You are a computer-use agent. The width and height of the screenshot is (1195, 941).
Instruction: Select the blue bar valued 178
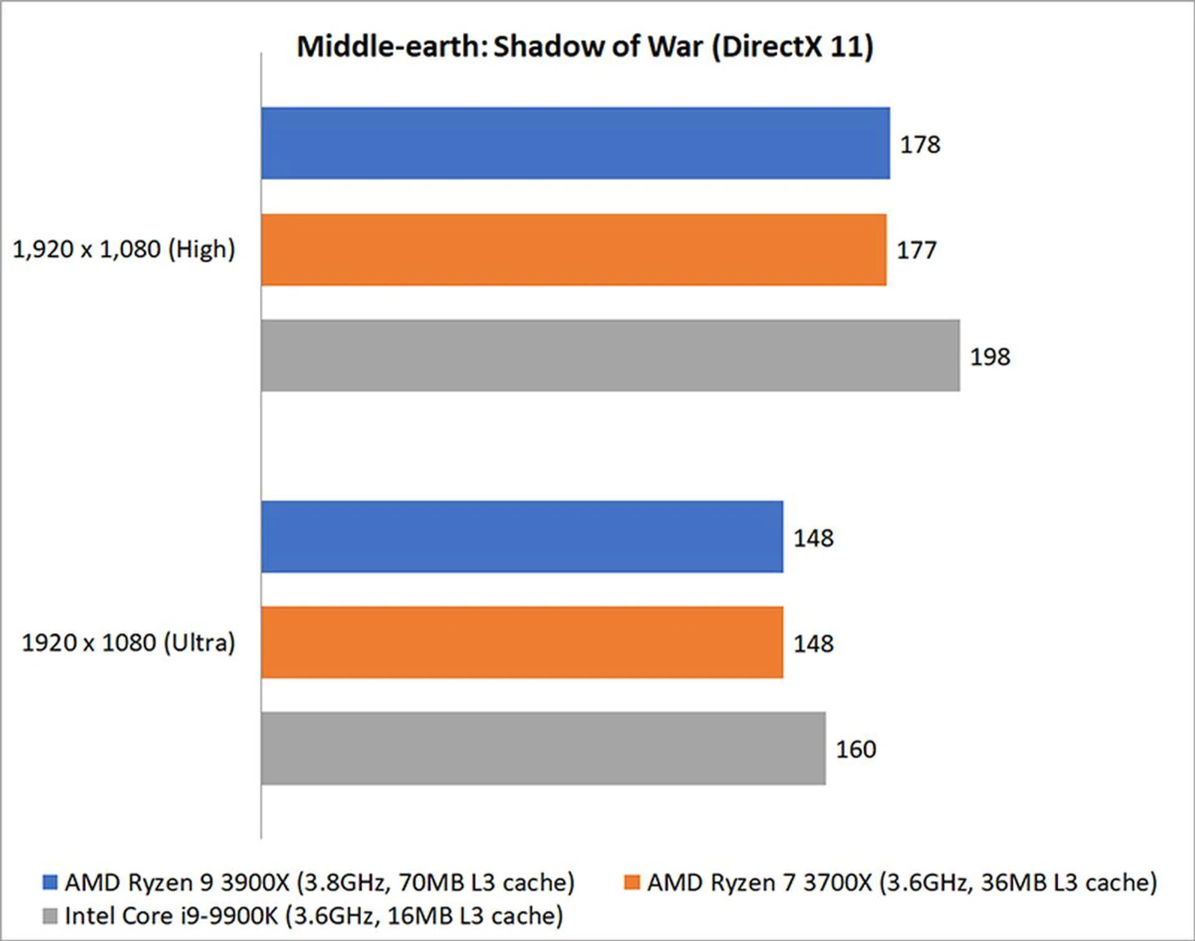point(575,143)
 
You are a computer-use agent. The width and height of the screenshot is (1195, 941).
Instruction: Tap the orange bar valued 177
point(573,250)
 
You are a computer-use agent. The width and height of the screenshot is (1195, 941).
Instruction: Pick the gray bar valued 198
point(610,356)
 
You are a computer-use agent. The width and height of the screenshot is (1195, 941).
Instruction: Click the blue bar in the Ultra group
point(522,536)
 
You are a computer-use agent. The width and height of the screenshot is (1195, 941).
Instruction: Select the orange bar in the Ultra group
point(522,642)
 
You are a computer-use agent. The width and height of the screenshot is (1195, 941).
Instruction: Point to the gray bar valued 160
point(543,749)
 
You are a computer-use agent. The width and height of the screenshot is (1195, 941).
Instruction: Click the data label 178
point(920,144)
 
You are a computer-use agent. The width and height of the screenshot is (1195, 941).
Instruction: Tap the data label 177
point(916,250)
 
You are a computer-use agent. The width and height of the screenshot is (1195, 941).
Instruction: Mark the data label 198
point(990,357)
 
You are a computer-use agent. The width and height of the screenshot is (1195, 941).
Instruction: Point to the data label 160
point(856,749)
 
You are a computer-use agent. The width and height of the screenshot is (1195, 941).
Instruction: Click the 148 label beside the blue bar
point(813,538)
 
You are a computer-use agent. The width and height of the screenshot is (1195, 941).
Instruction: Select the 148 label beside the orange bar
point(813,644)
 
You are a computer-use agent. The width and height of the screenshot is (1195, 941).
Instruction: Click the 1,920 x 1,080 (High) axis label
point(124,249)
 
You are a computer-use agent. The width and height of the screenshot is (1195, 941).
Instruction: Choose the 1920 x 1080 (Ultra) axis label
point(128,642)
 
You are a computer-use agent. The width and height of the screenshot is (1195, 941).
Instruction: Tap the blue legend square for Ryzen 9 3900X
point(50,882)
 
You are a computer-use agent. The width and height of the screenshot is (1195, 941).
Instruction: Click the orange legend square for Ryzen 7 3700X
point(632,882)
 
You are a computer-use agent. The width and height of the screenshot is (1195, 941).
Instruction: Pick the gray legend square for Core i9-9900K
point(50,915)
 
